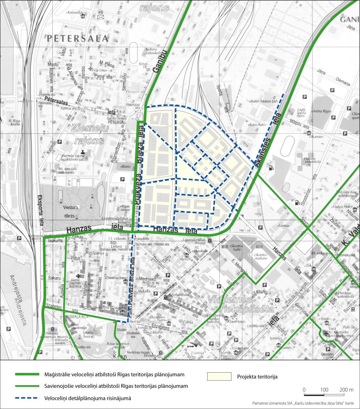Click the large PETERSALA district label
(x=77, y=39)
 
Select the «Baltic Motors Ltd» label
(x=264, y=101)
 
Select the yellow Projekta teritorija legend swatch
(x=219, y=376)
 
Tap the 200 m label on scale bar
(x=346, y=389)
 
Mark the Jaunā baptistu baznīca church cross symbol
(x=78, y=276)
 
